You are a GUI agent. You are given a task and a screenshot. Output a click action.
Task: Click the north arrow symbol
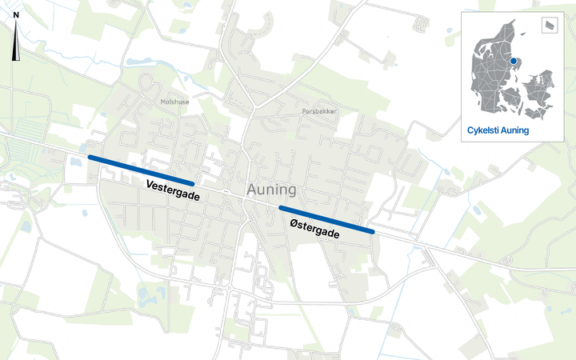click(x=16, y=50)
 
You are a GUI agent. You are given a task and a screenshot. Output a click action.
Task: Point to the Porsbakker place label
click(x=319, y=112)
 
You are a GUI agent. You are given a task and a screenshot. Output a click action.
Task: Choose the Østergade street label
click(x=314, y=229)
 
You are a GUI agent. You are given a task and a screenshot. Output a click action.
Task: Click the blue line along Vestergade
click(x=141, y=170)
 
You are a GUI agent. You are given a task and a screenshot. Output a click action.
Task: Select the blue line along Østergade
click(x=326, y=220)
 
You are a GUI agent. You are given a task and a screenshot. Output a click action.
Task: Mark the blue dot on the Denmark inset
click(x=514, y=61)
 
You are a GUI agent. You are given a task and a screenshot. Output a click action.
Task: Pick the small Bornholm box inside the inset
click(x=550, y=25)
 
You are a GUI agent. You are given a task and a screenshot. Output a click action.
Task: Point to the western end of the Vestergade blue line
click(x=90, y=158)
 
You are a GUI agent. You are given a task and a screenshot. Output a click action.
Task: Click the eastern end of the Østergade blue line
click(x=373, y=232)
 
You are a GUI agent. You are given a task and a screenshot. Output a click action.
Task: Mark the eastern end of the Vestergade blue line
click(x=192, y=184)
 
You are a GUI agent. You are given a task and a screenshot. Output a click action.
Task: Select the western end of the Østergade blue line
click(x=280, y=208)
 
